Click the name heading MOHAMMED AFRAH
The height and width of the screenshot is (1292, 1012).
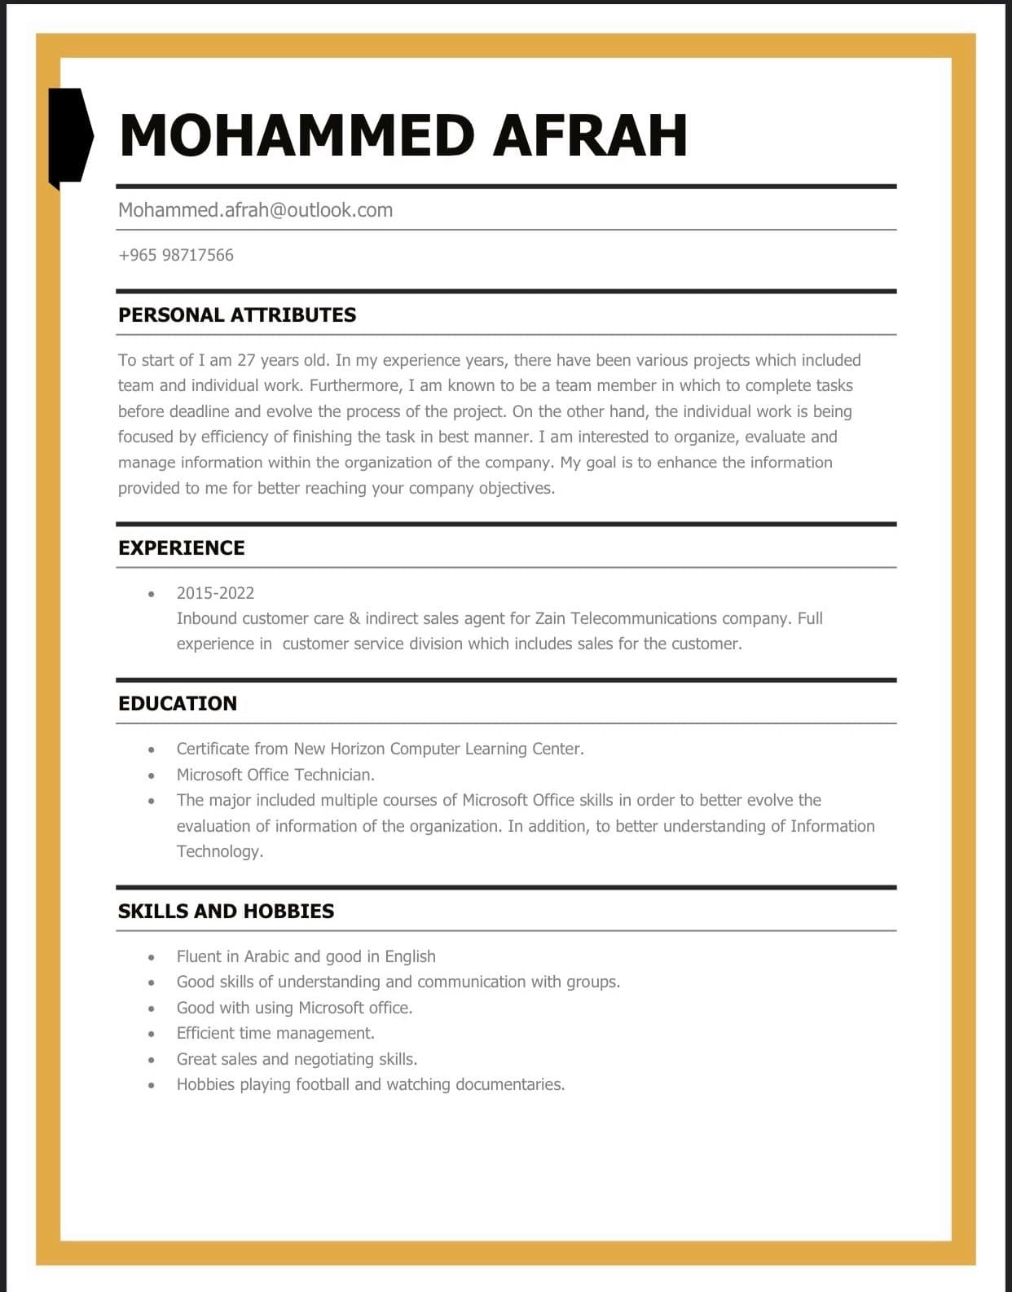(x=403, y=135)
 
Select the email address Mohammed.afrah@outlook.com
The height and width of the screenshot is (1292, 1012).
(x=255, y=210)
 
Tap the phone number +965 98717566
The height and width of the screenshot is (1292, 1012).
(x=176, y=255)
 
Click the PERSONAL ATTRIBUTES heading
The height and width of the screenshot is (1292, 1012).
(x=237, y=315)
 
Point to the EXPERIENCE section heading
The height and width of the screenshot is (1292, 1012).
(x=181, y=548)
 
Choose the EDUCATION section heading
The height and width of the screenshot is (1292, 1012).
(x=178, y=704)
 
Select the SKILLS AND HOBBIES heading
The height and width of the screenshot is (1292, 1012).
(x=226, y=912)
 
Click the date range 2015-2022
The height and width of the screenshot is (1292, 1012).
(x=215, y=593)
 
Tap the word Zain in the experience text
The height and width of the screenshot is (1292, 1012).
(x=551, y=618)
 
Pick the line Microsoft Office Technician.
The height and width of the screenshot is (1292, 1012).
(x=275, y=775)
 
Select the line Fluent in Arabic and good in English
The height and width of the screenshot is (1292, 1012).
(x=306, y=956)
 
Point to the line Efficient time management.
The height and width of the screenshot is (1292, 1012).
(x=275, y=1033)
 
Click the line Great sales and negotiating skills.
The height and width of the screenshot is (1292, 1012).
(x=297, y=1059)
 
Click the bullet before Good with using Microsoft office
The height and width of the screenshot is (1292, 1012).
(x=152, y=1009)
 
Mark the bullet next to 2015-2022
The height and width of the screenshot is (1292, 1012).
(x=152, y=594)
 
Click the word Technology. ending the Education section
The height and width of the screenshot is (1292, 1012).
(x=220, y=851)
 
